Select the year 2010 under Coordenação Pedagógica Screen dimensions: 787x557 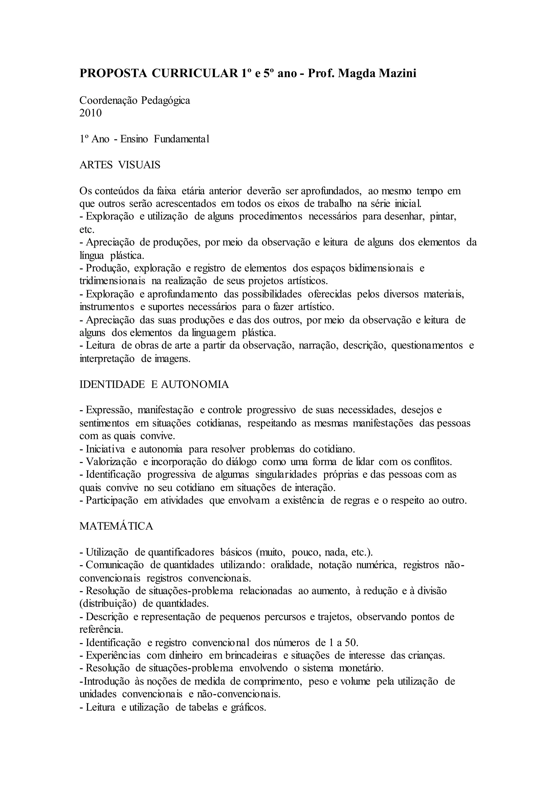click(91, 113)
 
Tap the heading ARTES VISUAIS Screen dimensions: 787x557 click(120, 165)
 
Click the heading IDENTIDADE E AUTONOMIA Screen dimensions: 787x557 click(154, 384)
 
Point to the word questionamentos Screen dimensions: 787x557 click(427, 345)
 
